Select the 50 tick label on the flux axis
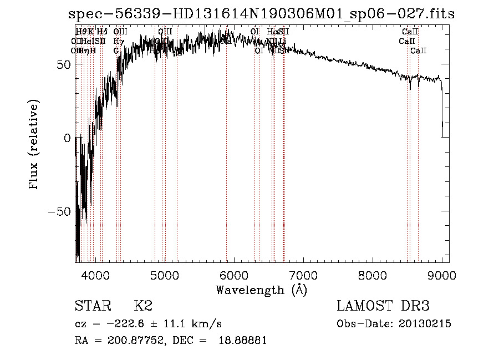(64, 64)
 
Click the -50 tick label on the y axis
(60, 212)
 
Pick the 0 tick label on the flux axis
(68, 138)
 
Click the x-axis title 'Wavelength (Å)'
(261, 290)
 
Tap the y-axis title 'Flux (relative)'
(34, 145)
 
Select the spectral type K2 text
(143, 306)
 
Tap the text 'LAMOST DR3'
(383, 306)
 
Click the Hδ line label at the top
(102, 32)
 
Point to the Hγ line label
(118, 42)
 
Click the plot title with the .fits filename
(261, 14)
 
